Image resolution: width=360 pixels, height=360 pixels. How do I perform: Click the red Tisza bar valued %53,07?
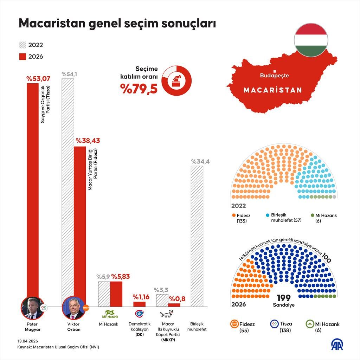coord(33,190)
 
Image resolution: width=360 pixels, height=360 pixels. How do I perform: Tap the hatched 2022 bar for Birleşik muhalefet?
coord(197,236)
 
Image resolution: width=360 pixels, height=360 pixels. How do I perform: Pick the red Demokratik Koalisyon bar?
coord(139,304)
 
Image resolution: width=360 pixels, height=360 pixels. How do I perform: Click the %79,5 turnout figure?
coord(139,88)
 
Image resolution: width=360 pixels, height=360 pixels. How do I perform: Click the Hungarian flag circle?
coord(311,40)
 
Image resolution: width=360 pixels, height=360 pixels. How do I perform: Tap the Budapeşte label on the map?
coord(274,75)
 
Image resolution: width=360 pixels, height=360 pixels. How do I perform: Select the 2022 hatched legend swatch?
coord(22,45)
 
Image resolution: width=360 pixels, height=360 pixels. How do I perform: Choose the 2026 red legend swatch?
coord(22,57)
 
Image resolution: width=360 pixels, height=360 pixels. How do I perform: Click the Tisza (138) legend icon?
coord(274,324)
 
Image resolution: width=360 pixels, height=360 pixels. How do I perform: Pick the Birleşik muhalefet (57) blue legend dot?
coord(268,215)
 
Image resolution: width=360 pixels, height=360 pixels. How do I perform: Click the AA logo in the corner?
coord(338,345)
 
